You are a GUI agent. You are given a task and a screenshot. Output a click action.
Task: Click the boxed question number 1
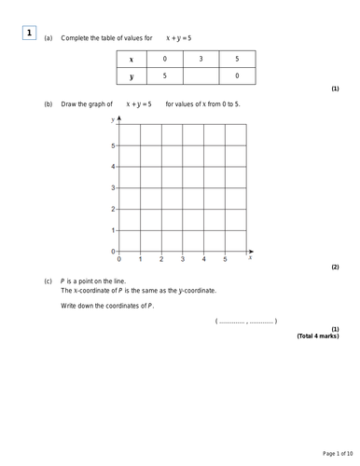click(x=29, y=34)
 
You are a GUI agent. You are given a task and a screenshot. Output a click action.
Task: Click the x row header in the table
click(x=131, y=59)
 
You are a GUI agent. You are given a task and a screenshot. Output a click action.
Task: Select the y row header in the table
click(x=131, y=75)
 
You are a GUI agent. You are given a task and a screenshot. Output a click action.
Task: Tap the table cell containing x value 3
click(x=201, y=59)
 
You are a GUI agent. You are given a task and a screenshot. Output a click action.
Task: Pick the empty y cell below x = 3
click(x=201, y=75)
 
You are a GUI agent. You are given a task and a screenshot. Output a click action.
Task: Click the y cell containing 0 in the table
click(x=237, y=75)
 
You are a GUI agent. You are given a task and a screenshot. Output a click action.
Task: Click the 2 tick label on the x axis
click(x=161, y=259)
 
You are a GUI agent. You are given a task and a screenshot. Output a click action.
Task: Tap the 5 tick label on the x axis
click(x=225, y=259)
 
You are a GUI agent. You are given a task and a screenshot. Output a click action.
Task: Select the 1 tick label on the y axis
click(x=113, y=230)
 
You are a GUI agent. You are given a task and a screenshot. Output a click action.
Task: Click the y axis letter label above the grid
click(x=112, y=120)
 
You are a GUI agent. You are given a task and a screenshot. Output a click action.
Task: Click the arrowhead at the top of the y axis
click(x=119, y=118)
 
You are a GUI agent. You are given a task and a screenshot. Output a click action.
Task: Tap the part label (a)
click(x=48, y=37)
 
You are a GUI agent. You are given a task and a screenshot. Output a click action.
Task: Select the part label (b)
click(x=48, y=104)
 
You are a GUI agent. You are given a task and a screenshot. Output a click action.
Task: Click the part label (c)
click(x=48, y=281)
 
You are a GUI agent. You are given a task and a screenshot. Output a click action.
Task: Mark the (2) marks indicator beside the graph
click(x=335, y=267)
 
